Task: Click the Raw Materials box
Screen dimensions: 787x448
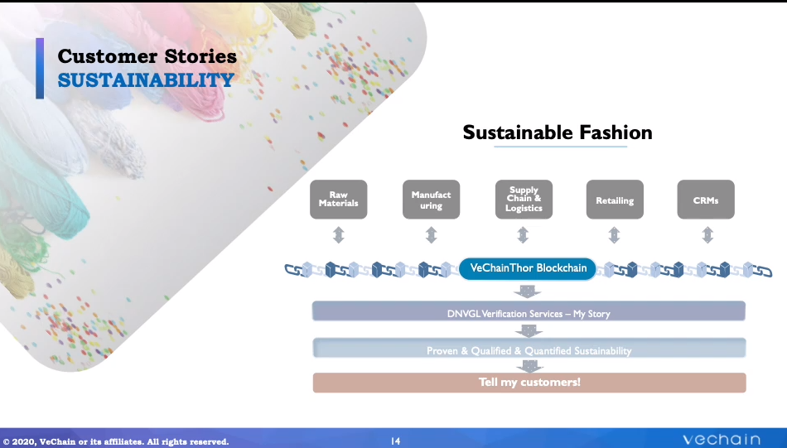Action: [x=338, y=200]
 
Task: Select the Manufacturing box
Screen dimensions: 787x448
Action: [x=431, y=200]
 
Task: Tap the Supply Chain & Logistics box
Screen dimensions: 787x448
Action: [x=524, y=200]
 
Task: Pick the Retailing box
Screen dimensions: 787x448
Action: [x=615, y=200]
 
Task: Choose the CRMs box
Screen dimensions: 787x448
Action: [x=706, y=200]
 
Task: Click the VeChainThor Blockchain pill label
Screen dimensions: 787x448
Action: [x=528, y=268]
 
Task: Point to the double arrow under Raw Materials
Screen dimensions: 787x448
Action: [x=339, y=235]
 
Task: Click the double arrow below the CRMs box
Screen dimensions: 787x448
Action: [x=707, y=235]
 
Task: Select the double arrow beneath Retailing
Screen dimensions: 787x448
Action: [x=615, y=235]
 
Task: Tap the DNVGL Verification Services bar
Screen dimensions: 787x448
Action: [x=529, y=311]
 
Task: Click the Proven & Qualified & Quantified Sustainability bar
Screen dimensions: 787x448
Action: [x=529, y=348]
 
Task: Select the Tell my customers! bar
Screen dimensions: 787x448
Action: [x=529, y=383]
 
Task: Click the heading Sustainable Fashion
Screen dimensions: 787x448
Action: [x=558, y=132]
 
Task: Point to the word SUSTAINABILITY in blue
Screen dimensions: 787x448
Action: [x=146, y=80]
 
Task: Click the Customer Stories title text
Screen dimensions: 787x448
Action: [x=147, y=56]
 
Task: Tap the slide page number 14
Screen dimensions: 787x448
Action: [x=395, y=441]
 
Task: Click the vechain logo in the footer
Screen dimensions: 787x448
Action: [x=722, y=440]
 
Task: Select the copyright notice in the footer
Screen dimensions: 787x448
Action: [x=115, y=441]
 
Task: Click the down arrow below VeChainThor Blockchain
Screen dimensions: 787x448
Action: [x=528, y=291]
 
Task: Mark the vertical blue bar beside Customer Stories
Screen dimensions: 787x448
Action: [x=40, y=68]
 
